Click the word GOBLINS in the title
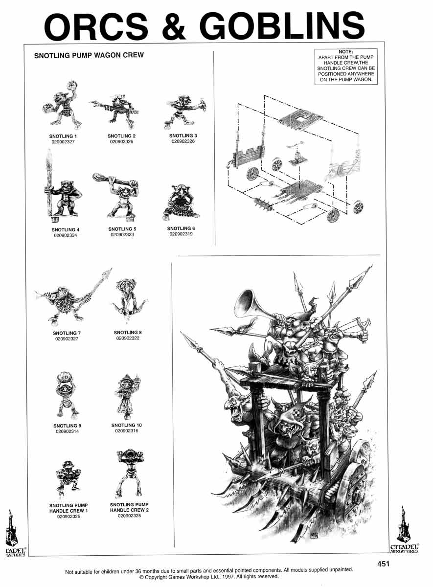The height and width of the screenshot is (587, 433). (284, 26)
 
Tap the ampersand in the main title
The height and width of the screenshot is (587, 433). (174, 26)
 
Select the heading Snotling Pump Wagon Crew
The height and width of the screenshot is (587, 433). (89, 55)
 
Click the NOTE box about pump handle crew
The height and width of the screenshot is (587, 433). (346, 67)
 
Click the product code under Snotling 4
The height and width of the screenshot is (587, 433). (65, 235)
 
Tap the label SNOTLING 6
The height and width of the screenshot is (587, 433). (181, 228)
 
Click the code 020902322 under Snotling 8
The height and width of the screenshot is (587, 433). (128, 338)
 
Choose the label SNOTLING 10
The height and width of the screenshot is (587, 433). (127, 425)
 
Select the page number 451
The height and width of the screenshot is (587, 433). (384, 564)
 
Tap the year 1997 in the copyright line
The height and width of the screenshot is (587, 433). (229, 577)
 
